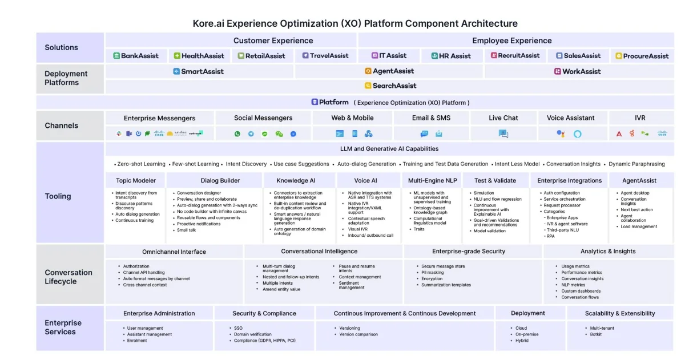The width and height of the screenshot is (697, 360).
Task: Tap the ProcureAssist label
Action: click(642, 56)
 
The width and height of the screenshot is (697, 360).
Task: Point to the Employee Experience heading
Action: click(511, 41)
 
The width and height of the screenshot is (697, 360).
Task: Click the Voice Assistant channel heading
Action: click(570, 118)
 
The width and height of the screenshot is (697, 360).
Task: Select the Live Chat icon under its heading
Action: click(503, 134)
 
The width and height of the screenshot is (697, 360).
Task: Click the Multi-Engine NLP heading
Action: click(432, 180)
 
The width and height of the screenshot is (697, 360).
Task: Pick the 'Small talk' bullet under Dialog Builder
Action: click(186, 230)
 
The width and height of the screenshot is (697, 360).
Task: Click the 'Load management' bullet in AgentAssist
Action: click(639, 226)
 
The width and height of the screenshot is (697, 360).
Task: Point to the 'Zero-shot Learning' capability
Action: click(141, 164)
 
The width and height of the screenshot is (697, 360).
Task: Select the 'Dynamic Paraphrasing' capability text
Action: click(636, 164)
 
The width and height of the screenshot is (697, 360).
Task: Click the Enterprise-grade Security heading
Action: click(468, 251)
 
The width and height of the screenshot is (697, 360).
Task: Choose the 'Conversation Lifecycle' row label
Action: click(69, 277)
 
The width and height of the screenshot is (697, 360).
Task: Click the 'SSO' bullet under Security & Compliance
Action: click(238, 328)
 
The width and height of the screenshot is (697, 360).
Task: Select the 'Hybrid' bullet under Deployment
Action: click(522, 341)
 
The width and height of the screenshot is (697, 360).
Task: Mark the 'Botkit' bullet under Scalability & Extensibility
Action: click(595, 334)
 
